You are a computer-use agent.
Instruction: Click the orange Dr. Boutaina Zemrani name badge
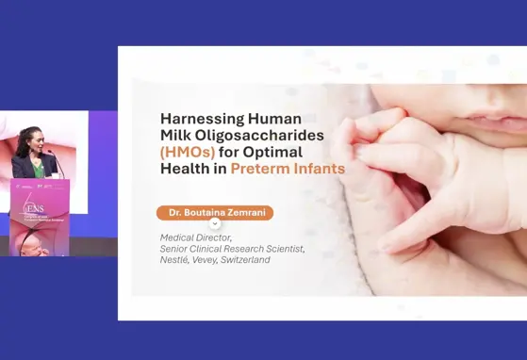click(x=215, y=213)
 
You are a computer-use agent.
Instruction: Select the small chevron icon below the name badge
click(x=215, y=224)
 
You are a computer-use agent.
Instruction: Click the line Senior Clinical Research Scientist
click(x=232, y=249)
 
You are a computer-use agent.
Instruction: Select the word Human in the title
click(x=274, y=119)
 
